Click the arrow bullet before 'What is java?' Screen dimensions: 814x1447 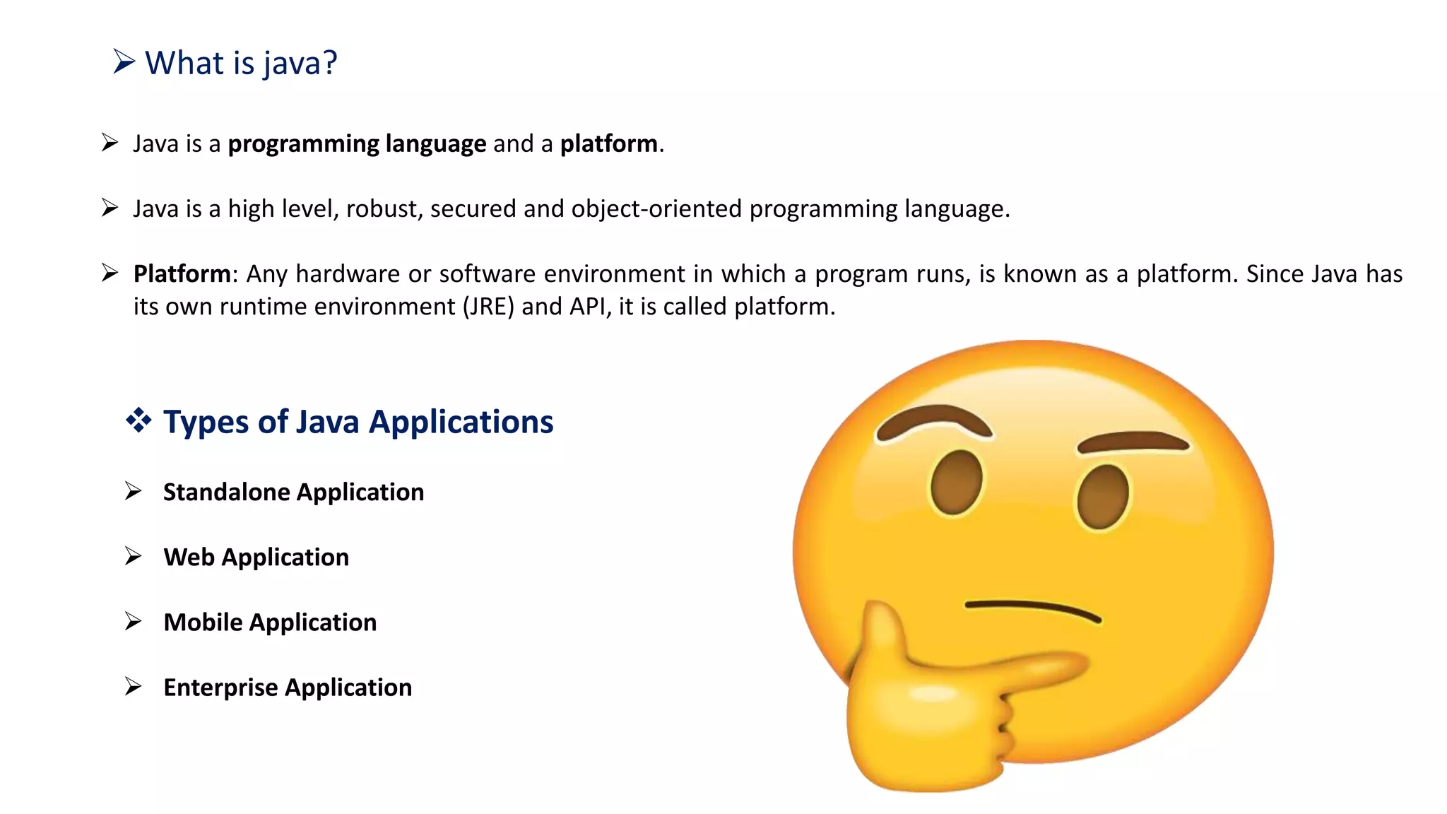coord(124,61)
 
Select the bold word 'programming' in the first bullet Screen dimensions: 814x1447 coord(303,144)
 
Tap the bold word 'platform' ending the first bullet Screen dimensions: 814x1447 coord(608,143)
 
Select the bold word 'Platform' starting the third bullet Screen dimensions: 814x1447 coord(182,274)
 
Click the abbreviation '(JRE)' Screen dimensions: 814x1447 coord(488,307)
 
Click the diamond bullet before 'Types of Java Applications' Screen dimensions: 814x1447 coord(138,420)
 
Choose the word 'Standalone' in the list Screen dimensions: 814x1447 coord(231,492)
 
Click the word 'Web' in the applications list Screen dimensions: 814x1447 coord(189,557)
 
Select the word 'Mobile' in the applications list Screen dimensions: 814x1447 coord(203,622)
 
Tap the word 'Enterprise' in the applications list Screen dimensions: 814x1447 coord(220,688)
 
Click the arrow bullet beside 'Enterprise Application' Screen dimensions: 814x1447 coord(133,686)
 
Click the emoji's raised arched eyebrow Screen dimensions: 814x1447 coord(933,420)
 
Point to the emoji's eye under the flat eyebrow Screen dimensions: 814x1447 coord(1102,497)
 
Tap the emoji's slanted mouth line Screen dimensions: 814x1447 coord(1032,610)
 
